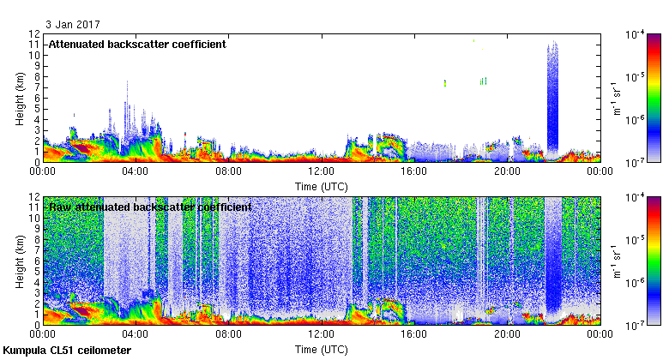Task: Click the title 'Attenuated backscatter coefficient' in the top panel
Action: point(137,44)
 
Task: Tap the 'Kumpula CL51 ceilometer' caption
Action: point(67,351)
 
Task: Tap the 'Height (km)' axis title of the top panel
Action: point(19,98)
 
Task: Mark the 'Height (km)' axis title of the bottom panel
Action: point(19,261)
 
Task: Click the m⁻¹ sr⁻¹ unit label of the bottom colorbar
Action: point(615,261)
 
